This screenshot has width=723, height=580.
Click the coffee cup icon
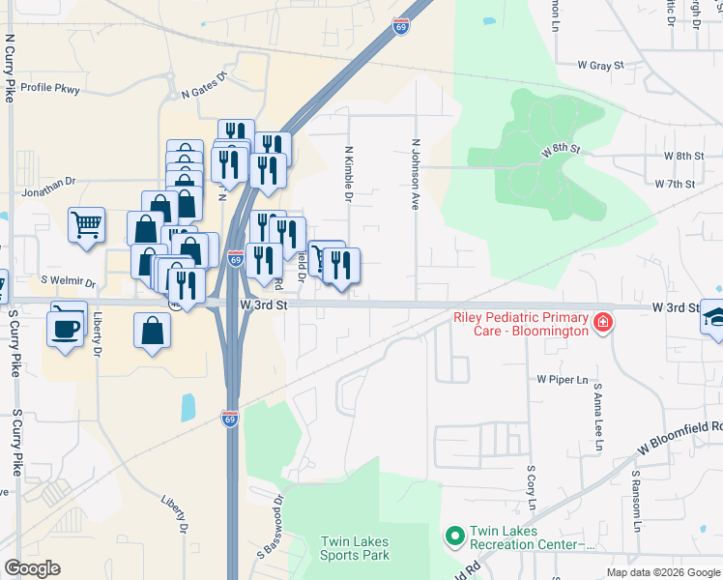pos(66,327)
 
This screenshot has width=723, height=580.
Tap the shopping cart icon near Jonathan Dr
pos(86,225)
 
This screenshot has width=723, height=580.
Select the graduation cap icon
pos(716,319)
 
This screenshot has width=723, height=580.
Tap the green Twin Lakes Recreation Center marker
pos(454,535)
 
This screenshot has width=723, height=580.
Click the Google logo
pos(32,568)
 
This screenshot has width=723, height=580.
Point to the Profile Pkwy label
pos(50,87)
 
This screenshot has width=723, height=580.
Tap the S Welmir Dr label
pos(69,283)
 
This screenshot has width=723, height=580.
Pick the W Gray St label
pos(601,66)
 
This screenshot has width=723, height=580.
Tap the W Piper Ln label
pos(563,380)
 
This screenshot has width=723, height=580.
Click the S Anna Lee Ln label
pos(598,418)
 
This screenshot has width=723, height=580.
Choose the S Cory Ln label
pos(531,488)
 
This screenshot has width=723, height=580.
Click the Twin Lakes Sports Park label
pos(355,548)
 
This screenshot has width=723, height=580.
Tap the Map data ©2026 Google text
pos(662,572)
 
